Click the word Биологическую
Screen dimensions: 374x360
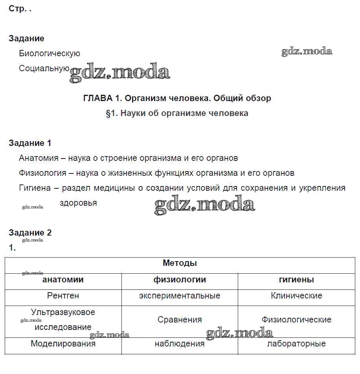[x=50, y=53]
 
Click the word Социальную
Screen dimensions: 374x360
[x=44, y=68]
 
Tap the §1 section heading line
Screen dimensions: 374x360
[x=177, y=113]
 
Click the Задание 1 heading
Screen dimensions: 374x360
[x=30, y=143]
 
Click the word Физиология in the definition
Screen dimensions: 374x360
[x=41, y=173]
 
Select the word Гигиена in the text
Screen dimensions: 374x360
[x=35, y=188]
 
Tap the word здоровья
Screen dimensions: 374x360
[x=78, y=203]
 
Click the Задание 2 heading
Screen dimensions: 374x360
[x=30, y=232]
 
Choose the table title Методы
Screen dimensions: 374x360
[x=180, y=263]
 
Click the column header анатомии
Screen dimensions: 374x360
[x=63, y=280]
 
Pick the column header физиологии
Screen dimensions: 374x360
[x=180, y=280]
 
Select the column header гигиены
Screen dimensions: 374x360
[x=296, y=280]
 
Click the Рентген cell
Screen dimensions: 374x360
[x=63, y=295]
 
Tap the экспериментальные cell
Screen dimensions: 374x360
[x=180, y=295]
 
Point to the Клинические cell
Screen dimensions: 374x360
[x=296, y=295]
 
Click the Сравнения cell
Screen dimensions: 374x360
[x=180, y=320]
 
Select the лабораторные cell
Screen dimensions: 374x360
[x=296, y=344]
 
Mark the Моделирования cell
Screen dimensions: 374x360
[x=63, y=344]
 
